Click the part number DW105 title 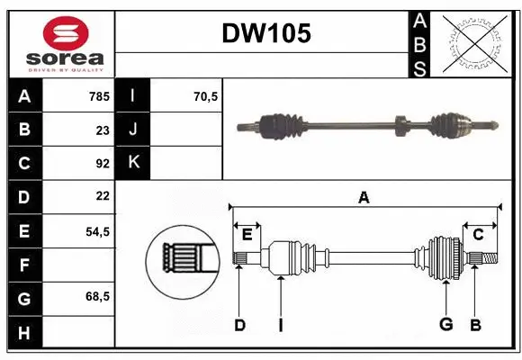click(x=266, y=34)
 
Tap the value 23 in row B click(x=102, y=130)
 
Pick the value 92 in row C click(x=102, y=163)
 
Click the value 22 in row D click(x=102, y=196)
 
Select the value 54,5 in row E click(x=96, y=230)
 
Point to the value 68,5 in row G click(x=96, y=296)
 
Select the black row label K click(x=133, y=163)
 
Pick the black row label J click(x=133, y=130)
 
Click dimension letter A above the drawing click(x=364, y=197)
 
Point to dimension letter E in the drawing click(x=247, y=235)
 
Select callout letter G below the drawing click(x=446, y=324)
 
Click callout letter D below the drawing click(x=239, y=324)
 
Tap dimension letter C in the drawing click(x=478, y=235)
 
